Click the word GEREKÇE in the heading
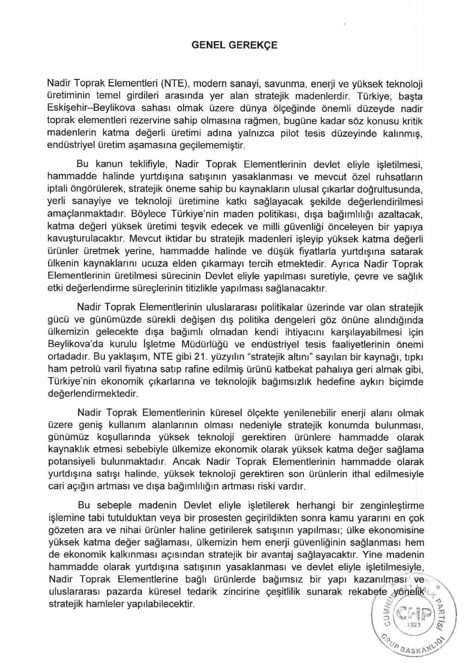(x=254, y=45)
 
